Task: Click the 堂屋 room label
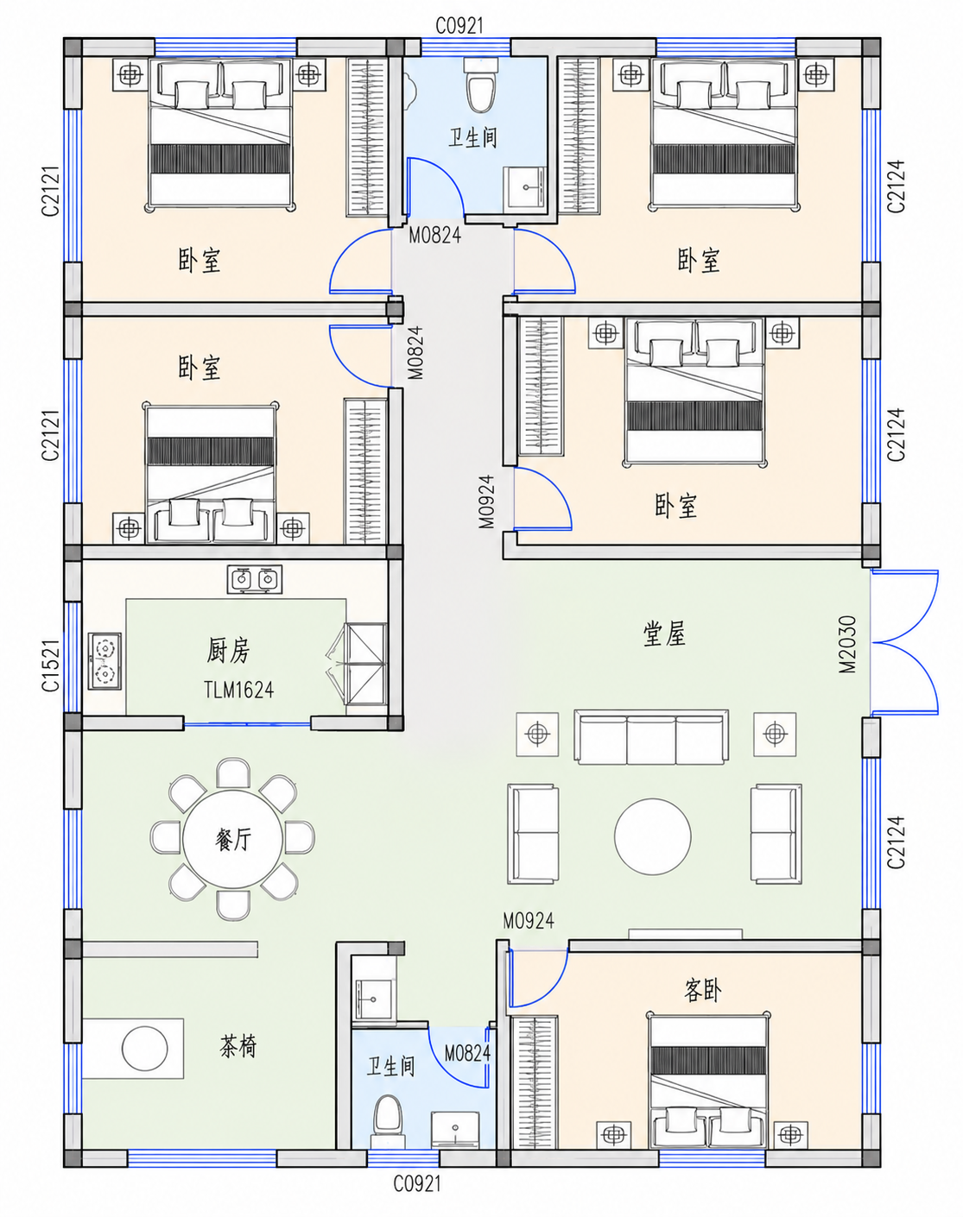[664, 634]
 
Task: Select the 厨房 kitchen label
[228, 650]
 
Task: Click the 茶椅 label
[238, 1045]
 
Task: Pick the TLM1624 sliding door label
[238, 690]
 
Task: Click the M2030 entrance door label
[847, 644]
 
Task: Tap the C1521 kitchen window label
[50, 665]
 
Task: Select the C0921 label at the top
[459, 25]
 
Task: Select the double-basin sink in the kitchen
[255, 579]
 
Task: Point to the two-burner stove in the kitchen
[105, 660]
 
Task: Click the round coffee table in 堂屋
[653, 836]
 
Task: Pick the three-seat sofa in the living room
[651, 737]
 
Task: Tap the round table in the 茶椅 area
[145, 1048]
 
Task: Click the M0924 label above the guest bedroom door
[529, 921]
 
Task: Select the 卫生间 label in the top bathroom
[472, 137]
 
